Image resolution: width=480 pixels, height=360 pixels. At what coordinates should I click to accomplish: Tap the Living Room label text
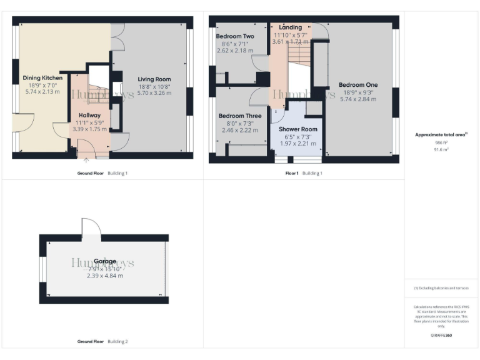point(154,79)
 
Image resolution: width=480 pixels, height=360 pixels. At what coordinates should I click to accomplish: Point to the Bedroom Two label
point(235,37)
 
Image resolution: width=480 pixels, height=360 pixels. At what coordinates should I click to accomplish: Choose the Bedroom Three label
point(240,116)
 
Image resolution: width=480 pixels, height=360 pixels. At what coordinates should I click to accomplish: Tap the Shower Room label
point(297,129)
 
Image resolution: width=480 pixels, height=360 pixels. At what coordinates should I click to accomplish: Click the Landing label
point(290,27)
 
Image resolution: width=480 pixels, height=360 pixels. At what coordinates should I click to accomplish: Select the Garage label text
point(104,261)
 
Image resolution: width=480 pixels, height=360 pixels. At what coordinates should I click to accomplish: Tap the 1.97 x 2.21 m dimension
point(297,143)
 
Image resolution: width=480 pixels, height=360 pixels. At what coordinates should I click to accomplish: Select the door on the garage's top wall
point(87,227)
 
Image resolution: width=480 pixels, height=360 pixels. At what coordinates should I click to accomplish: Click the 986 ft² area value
point(441,142)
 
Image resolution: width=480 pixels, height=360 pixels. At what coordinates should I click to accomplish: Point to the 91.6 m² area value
point(441,149)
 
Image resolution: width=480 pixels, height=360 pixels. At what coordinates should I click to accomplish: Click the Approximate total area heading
point(441,134)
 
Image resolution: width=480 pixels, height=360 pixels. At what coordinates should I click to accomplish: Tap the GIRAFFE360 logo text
point(441,336)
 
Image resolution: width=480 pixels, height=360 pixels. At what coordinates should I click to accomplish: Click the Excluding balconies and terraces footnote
point(441,288)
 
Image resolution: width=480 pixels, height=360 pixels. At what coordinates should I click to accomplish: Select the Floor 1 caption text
point(292,173)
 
